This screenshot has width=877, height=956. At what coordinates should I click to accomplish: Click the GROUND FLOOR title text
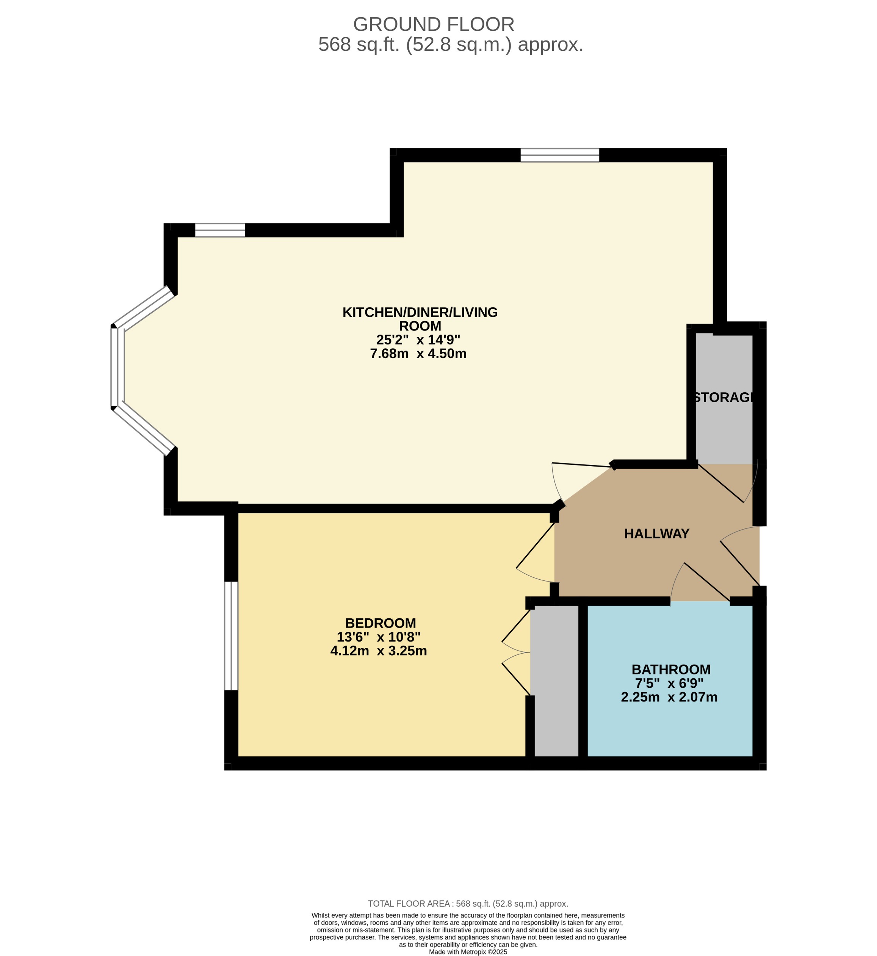[433, 24]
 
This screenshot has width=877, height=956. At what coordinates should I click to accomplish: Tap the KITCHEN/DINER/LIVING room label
[420, 319]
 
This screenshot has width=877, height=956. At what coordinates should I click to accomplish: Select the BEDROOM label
[380, 623]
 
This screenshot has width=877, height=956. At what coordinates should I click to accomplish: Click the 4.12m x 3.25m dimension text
[378, 650]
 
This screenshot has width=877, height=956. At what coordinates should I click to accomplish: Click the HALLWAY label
[656, 533]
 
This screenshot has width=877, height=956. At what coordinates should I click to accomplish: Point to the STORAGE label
[723, 397]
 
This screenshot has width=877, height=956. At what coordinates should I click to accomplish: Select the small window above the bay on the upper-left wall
[220, 230]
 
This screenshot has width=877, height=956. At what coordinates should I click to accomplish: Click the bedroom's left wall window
[231, 635]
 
